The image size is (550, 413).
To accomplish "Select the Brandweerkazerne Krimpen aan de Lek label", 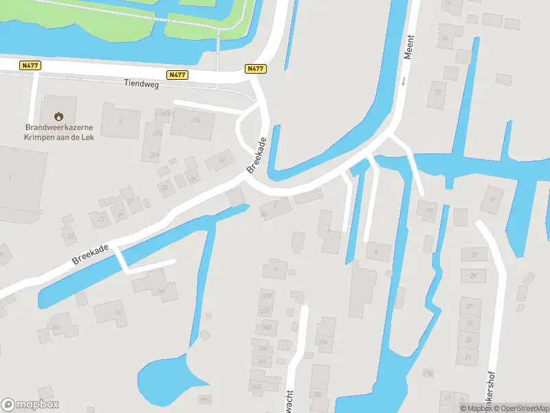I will click(59, 131).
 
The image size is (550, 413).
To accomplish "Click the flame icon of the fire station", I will click(59, 116).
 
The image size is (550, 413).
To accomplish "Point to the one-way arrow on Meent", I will click(404, 81).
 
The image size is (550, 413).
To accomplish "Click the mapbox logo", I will click(30, 405).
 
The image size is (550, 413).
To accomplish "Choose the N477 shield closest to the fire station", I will click(30, 65).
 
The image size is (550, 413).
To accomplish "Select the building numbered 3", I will click(120, 121).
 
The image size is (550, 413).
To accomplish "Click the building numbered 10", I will click(430, 210).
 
